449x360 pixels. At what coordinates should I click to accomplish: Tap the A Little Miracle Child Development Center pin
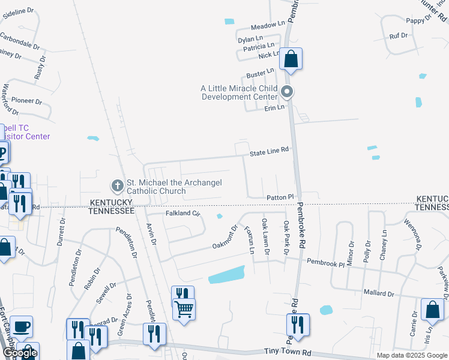pyautogui.click(x=287, y=92)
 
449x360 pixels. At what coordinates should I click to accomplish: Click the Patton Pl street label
pyautogui.click(x=280, y=197)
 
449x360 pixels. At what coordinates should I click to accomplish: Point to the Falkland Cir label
pyautogui.click(x=181, y=213)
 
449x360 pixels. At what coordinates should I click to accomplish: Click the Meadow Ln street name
pyautogui.click(x=268, y=25)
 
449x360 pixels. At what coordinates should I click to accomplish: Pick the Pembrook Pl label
pyautogui.click(x=325, y=262)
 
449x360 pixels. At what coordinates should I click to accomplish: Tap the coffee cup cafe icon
pyautogui.click(x=22, y=326)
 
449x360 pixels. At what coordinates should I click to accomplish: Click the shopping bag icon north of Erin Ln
pyautogui.click(x=291, y=59)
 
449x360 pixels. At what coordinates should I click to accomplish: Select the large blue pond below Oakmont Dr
pyautogui.click(x=227, y=274)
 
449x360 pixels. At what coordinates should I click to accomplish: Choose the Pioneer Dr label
pyautogui.click(x=25, y=101)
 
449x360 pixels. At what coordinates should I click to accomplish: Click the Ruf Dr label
pyautogui.click(x=399, y=35)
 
